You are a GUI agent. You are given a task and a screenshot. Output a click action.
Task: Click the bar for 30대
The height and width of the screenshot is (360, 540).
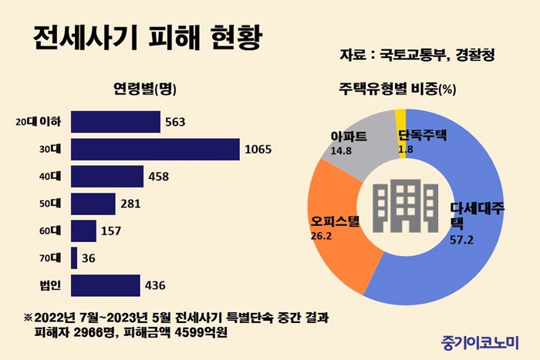click(x=154, y=149)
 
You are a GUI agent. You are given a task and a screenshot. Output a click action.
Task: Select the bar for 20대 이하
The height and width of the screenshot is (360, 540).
click(x=115, y=122)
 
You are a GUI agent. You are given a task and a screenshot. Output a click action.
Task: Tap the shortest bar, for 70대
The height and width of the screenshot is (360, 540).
click(x=74, y=258)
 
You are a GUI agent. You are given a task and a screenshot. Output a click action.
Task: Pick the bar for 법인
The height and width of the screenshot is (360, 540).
click(x=105, y=285)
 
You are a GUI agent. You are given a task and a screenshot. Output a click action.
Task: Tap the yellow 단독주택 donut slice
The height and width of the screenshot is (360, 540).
click(x=400, y=119)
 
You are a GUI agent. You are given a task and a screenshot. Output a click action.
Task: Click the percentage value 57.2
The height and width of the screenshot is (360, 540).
click(x=461, y=241)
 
